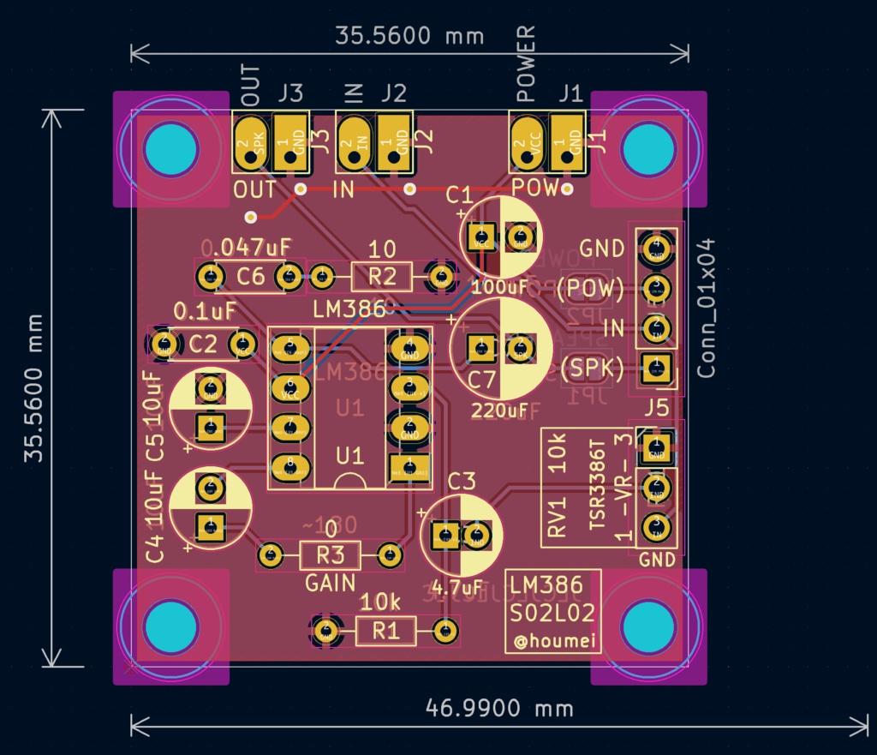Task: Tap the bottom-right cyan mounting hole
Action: [x=648, y=626]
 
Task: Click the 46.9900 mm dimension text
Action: [x=499, y=708]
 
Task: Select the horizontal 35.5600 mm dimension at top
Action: [x=409, y=36]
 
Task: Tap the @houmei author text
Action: [x=553, y=641]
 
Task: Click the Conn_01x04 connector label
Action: [x=707, y=308]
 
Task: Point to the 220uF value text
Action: [x=499, y=410]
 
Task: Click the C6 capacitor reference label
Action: [x=250, y=276]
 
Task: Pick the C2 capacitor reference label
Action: [x=203, y=345]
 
